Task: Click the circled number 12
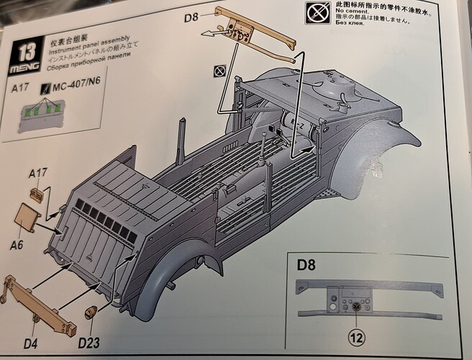point(355,334)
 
